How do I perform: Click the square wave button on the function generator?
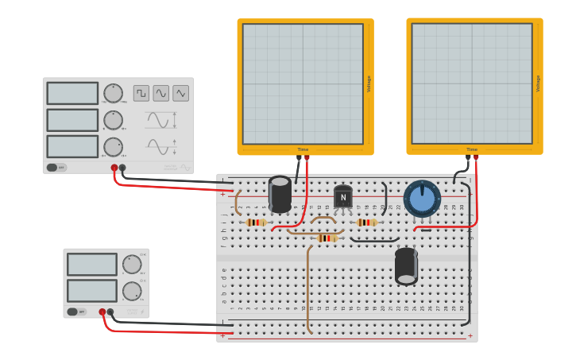click(x=141, y=93)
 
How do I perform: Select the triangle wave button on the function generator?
click(x=181, y=93)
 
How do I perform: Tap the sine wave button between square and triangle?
click(x=161, y=93)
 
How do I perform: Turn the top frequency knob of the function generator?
click(x=113, y=93)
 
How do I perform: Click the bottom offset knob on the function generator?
click(x=113, y=147)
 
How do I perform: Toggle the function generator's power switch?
click(x=56, y=168)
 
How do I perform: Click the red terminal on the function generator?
click(x=114, y=168)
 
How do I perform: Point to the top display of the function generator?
click(x=72, y=93)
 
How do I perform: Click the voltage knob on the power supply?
click(x=132, y=265)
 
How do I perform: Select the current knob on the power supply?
click(x=132, y=291)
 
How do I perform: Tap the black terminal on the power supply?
click(x=110, y=312)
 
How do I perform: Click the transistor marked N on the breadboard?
click(x=343, y=197)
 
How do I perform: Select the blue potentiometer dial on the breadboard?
click(x=422, y=198)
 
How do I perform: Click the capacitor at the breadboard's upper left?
click(x=280, y=194)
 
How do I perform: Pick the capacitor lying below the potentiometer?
click(x=406, y=266)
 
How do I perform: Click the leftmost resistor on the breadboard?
click(x=256, y=223)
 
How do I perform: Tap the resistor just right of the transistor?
click(x=366, y=223)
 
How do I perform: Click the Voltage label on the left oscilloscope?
click(x=369, y=84)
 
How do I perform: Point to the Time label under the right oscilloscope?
click(x=472, y=149)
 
